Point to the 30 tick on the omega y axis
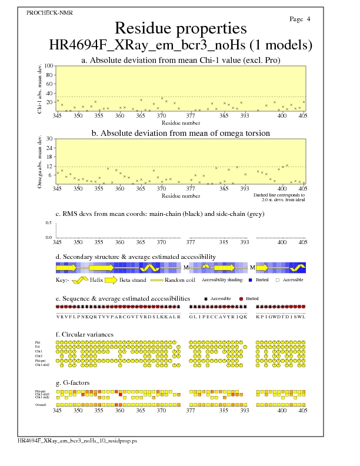click(50, 139)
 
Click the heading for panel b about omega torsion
click(181, 134)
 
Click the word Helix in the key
click(100, 280)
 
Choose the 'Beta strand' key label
click(132, 280)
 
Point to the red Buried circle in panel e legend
click(241, 299)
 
